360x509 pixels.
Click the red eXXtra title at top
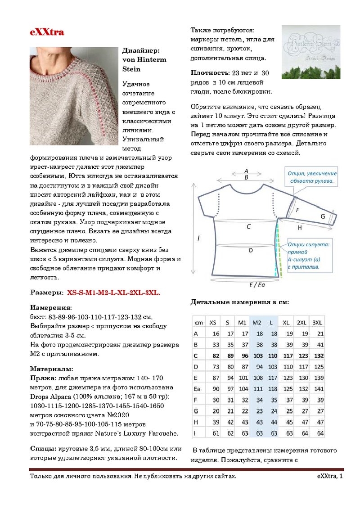tap(47, 32)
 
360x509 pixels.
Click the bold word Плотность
tap(210, 73)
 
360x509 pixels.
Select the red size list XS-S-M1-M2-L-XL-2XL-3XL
tap(113, 293)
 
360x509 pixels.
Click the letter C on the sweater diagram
tap(248, 227)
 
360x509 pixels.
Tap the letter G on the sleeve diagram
tap(323, 216)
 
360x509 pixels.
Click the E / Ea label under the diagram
tap(257, 285)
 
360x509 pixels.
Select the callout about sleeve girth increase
tap(312, 177)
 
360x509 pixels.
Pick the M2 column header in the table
tap(257, 323)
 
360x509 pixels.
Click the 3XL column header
tap(317, 323)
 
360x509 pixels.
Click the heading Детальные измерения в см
tap(239, 302)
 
